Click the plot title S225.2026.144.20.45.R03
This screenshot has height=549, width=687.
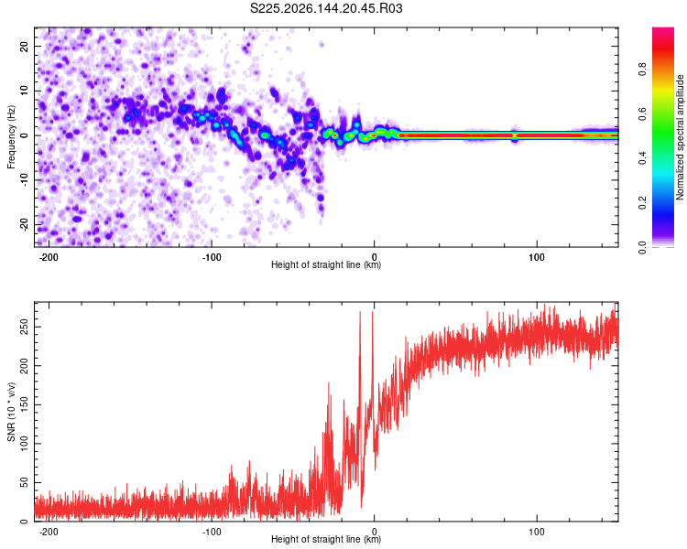(326, 8)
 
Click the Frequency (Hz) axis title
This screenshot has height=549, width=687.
(11, 137)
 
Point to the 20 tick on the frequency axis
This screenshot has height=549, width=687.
(25, 47)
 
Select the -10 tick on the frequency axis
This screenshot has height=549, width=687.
(25, 180)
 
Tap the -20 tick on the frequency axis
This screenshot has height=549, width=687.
(25, 225)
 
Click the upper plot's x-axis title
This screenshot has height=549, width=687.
(326, 264)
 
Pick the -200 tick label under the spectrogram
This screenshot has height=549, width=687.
(49, 257)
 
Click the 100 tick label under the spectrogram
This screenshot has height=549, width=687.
(536, 257)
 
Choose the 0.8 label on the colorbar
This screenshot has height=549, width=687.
(642, 70)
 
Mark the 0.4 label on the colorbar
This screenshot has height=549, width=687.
(642, 158)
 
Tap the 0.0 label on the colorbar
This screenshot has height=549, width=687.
(642, 247)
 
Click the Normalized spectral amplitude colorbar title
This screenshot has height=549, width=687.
(680, 137)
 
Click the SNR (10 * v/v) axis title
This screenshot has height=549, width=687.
(11, 412)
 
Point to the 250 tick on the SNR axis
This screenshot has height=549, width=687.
(25, 327)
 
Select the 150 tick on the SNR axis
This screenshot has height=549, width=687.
(25, 404)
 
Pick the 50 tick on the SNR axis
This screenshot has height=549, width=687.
(25, 482)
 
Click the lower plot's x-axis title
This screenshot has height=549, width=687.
(326, 539)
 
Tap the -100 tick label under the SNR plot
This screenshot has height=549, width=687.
(212, 532)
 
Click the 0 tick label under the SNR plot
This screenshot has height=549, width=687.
(374, 532)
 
